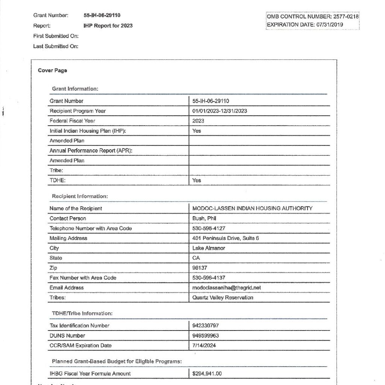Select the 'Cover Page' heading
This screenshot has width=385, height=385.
pos(52,70)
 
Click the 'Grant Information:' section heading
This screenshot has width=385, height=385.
pos(75,89)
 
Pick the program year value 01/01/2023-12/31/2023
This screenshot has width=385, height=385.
pos(220,111)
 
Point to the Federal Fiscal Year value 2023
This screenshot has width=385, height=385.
pos(198,121)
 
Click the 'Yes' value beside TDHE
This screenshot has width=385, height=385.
pos(197,180)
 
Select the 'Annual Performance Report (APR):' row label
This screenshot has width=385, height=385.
pos(91,150)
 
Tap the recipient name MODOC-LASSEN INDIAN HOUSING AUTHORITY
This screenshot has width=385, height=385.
pos(252,208)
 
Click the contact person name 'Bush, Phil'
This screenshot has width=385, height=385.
pos(204,218)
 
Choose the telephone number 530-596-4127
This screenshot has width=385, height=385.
pos(209,228)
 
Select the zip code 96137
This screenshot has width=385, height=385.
pos(200,268)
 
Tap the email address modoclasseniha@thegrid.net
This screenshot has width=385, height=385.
pos(226,288)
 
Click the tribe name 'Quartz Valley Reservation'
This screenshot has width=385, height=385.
pos(223,297)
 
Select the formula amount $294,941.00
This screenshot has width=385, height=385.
pos(207,374)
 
